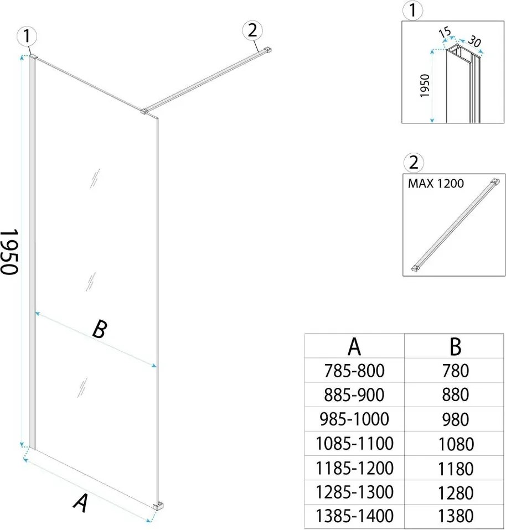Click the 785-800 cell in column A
pos(355,370)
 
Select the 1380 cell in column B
pos(455,516)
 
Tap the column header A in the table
pos(355,347)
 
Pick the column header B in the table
pos(455,347)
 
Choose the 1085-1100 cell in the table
pos(355,443)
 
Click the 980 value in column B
pos(455,419)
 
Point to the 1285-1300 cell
pos(355,492)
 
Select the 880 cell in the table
pos(455,394)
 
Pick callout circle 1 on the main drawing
pos(27,37)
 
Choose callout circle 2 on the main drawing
pos(252,32)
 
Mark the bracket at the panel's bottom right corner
pos(158,505)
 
